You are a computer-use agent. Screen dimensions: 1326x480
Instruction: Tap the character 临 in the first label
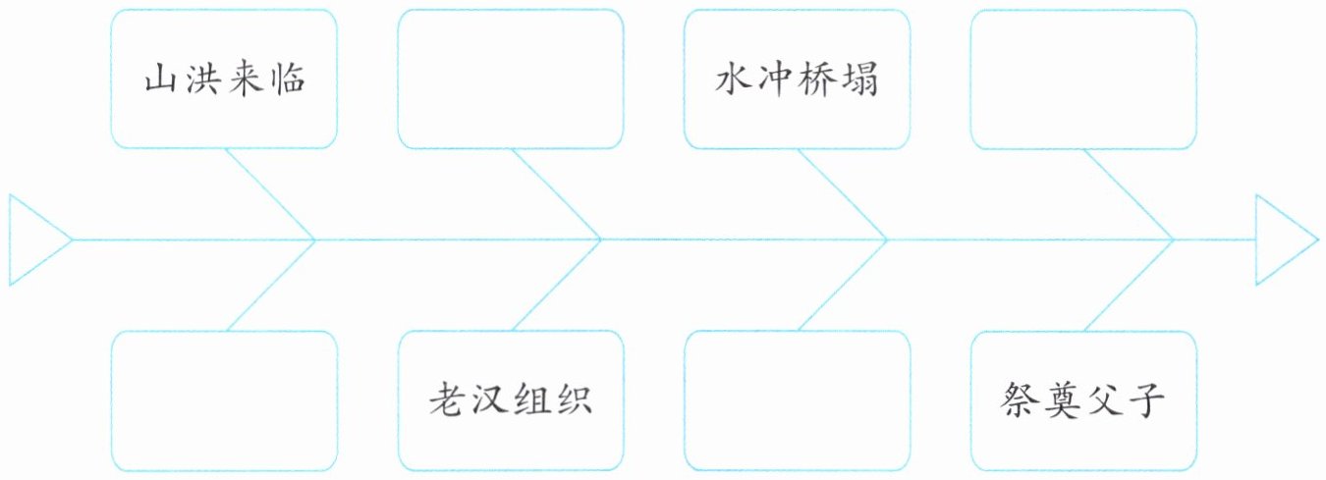(285, 80)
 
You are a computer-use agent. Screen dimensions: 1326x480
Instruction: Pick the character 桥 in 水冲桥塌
(817, 80)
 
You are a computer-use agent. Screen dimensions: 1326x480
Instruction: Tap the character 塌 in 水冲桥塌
(858, 80)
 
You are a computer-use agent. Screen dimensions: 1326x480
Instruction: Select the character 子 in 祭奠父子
(1145, 400)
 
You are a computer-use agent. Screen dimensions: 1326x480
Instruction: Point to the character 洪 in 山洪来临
(202, 80)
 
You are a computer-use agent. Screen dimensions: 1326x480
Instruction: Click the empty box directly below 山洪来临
(224, 400)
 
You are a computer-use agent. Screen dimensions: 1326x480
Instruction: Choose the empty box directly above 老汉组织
(510, 80)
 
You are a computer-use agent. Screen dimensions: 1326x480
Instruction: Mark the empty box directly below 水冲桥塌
(797, 400)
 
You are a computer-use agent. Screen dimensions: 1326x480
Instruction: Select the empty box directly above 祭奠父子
(1082, 80)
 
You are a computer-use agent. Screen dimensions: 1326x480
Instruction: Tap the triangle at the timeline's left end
(32, 240)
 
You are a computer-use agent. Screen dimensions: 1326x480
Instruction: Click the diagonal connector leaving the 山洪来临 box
(270, 193)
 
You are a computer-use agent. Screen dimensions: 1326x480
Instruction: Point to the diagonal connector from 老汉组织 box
(556, 285)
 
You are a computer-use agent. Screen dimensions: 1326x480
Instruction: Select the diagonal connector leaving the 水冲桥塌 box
(843, 193)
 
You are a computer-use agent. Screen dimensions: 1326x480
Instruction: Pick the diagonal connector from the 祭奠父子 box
(1129, 285)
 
